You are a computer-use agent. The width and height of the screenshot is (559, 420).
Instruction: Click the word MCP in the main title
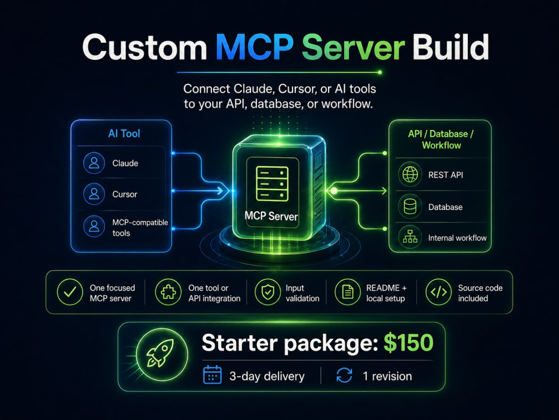[x=255, y=48]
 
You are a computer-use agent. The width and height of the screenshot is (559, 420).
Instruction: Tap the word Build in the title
[x=451, y=47]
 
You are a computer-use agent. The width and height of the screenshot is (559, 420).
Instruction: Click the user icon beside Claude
[x=94, y=163]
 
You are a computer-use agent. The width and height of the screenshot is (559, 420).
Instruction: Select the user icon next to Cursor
[x=94, y=194]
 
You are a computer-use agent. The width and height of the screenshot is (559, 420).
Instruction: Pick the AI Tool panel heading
[x=124, y=134]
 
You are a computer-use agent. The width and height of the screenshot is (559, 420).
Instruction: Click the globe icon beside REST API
[x=410, y=175]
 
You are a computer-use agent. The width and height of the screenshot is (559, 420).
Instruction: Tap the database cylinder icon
[x=410, y=207]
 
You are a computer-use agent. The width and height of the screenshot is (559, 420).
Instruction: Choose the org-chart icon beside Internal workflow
[x=410, y=236]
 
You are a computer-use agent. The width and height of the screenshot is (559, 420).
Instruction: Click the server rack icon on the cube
[x=272, y=184]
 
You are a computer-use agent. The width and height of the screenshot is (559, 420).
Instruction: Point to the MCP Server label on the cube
[x=271, y=216]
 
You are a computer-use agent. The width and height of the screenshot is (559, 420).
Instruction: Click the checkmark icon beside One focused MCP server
[x=70, y=292]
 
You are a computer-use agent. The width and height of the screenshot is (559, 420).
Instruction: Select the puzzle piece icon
[x=168, y=292]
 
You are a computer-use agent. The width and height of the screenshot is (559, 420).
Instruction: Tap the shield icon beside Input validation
[x=268, y=292]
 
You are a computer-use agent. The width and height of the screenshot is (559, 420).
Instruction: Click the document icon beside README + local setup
[x=348, y=292]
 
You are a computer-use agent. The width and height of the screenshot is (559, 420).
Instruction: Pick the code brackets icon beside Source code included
[x=438, y=292]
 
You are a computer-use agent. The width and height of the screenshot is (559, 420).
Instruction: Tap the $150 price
[x=409, y=343]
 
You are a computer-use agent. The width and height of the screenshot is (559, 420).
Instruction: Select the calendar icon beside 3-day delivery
[x=212, y=375]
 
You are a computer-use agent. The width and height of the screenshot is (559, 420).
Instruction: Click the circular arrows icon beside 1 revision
[x=344, y=375]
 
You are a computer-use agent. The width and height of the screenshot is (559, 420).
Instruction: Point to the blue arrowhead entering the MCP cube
[x=225, y=191]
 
